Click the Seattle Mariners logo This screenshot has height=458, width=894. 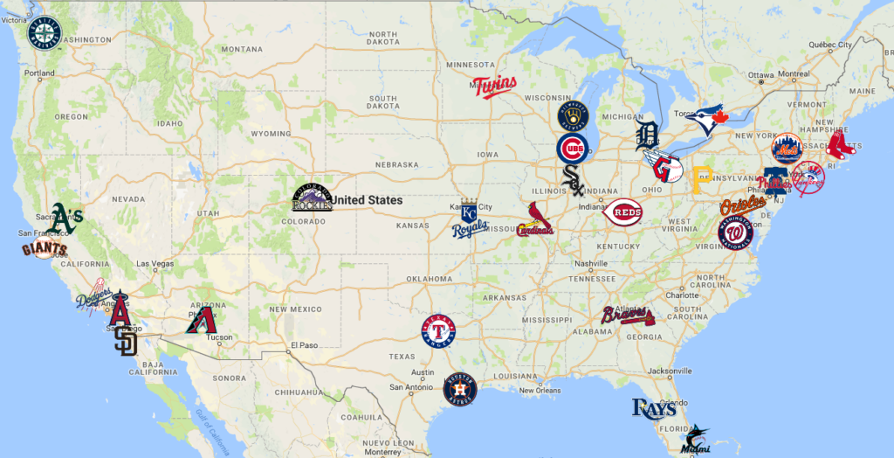coord(45,34)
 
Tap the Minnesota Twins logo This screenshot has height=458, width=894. coord(494,87)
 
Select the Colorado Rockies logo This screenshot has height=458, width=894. coord(312,198)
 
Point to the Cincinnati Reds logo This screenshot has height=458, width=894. coord(622,212)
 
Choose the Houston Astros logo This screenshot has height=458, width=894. coord(460,389)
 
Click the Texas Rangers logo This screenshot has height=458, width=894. coord(440,330)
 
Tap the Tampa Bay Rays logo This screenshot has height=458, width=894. coord(654,407)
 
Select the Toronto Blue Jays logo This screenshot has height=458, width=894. coord(709,118)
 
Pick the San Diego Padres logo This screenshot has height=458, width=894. coord(127,341)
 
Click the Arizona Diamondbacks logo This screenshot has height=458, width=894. coord(200,321)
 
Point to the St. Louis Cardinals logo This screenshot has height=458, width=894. coord(534,221)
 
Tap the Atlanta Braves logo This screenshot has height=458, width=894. coord(627,316)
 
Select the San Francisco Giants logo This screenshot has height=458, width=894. coord(44,250)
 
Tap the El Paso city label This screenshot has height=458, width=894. coord(306,343)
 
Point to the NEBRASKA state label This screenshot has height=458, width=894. coord(397,164)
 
